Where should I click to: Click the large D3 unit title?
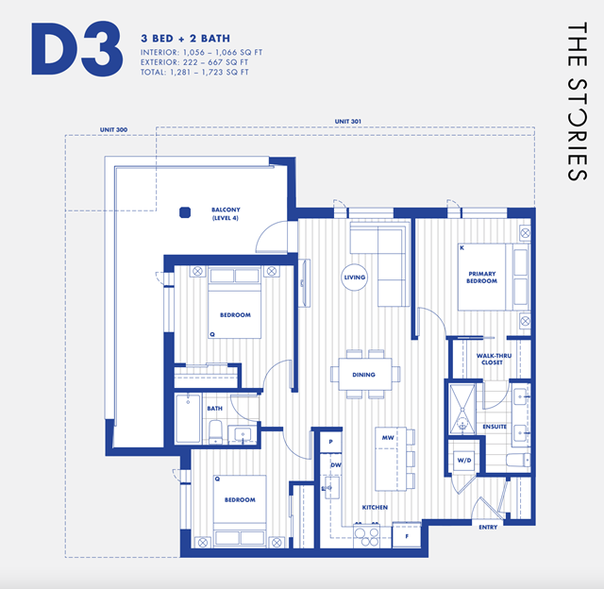point(77,49)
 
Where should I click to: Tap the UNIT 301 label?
point(348,122)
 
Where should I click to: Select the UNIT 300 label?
point(113,130)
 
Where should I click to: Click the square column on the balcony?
point(185,212)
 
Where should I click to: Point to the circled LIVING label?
point(355,278)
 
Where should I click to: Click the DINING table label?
point(363,375)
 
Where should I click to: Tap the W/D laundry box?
point(464,461)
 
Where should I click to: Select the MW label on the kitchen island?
point(388,438)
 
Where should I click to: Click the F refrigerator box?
point(407,535)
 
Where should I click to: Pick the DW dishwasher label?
point(336,465)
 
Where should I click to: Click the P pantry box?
point(331,442)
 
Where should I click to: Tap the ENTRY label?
point(488,528)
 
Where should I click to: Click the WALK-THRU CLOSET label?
point(494,359)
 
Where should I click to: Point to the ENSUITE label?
point(495,427)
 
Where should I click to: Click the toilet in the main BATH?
point(216,431)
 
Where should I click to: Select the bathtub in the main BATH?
point(188,418)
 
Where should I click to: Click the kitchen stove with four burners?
point(367,535)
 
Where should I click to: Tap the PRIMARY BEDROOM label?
point(482,278)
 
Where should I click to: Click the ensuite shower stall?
point(462,409)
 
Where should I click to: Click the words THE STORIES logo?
point(577,101)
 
